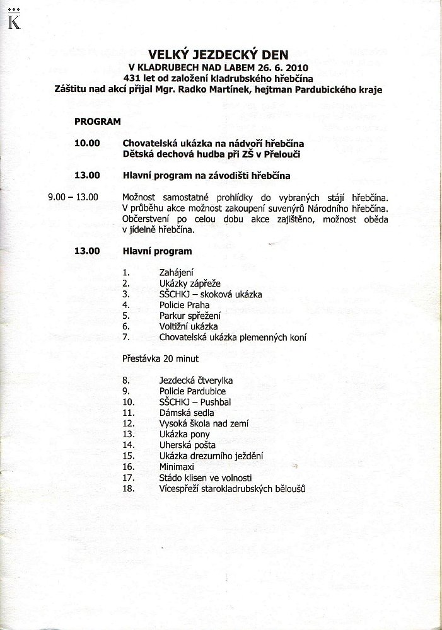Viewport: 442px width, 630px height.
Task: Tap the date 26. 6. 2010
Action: (279, 67)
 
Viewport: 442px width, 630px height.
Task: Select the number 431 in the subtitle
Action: (132, 77)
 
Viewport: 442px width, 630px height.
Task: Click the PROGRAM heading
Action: (97, 121)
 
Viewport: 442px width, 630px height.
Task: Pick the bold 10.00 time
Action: (87, 143)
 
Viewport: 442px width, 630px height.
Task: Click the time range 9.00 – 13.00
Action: (73, 197)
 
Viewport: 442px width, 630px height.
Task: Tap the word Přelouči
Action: (282, 154)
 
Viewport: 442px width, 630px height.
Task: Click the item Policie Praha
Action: (184, 305)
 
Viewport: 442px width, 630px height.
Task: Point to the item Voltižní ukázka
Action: (188, 326)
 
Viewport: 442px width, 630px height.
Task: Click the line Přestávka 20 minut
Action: (160, 358)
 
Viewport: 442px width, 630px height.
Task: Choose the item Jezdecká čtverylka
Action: (196, 381)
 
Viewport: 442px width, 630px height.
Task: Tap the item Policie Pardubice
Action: (192, 391)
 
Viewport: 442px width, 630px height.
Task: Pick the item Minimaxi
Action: (177, 467)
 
